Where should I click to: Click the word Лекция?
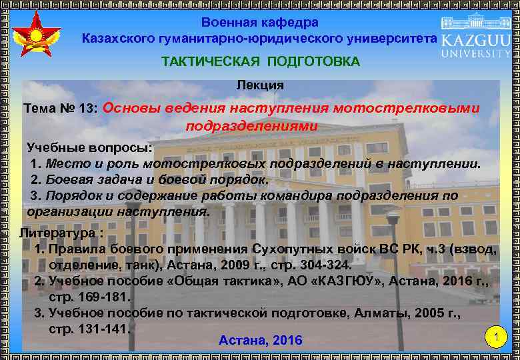click(260, 85)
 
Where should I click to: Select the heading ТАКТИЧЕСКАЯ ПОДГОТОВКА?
click(260, 62)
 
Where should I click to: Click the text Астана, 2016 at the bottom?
click(260, 341)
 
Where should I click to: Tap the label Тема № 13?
click(61, 108)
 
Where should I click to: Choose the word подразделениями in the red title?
click(251, 125)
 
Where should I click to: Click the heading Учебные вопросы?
click(89, 147)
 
